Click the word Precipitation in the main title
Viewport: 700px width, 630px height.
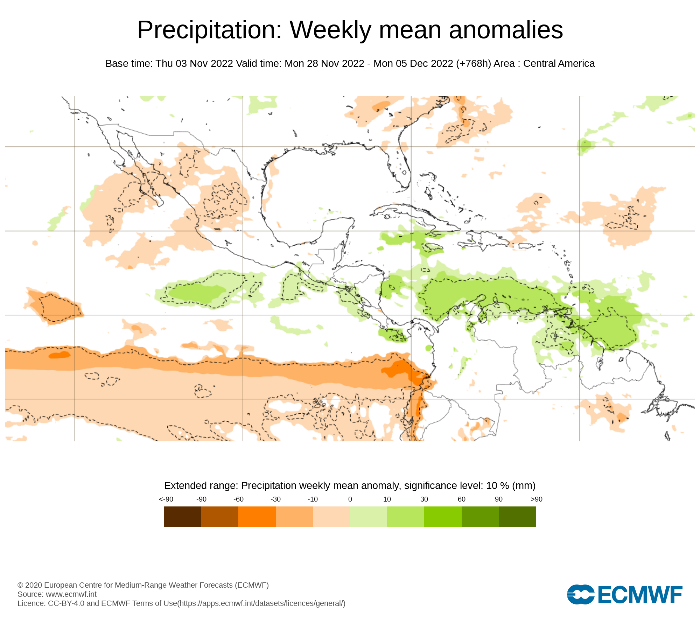click(209, 30)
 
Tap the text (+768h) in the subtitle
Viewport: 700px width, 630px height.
click(474, 64)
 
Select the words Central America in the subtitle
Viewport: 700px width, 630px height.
click(559, 64)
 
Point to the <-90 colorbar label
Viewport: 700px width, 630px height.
click(166, 499)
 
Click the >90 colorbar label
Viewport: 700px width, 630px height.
click(536, 499)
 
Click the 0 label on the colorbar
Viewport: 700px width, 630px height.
click(350, 499)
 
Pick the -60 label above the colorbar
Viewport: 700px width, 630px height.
click(238, 499)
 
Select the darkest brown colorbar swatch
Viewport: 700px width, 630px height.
click(183, 517)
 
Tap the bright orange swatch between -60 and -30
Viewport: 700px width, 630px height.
click(257, 517)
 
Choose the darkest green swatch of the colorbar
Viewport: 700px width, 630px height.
click(517, 517)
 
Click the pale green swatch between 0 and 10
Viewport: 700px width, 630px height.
click(369, 517)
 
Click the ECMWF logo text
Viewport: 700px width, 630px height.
click(640, 595)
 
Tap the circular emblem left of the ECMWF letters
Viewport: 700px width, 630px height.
click(580, 595)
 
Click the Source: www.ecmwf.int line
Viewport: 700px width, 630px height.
click(57, 594)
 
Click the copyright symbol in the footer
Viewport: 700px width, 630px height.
click(20, 585)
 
